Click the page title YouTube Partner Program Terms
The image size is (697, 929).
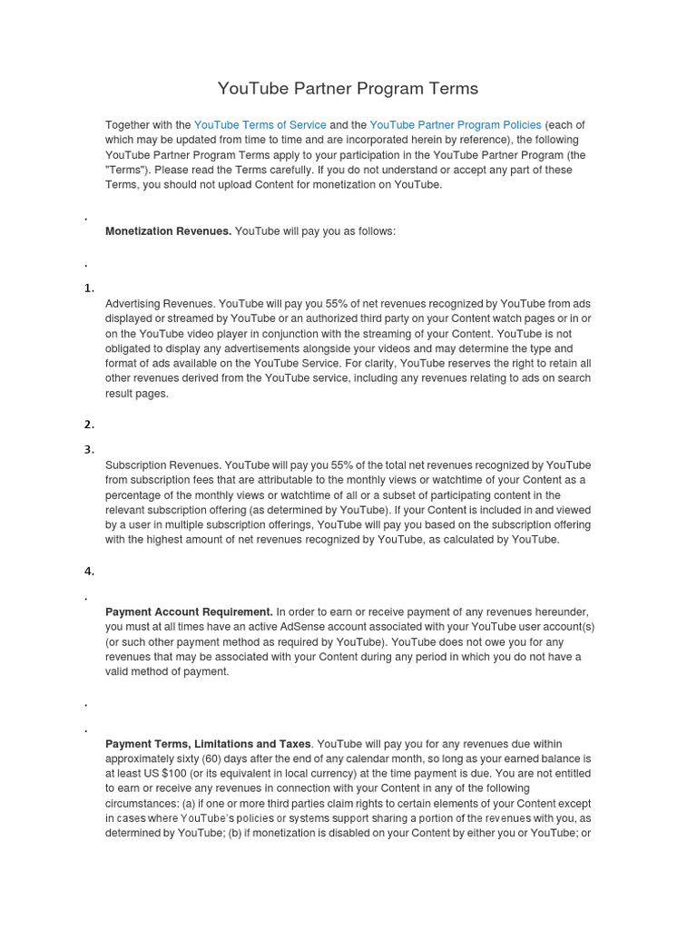coord(348,89)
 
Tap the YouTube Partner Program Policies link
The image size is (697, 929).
coord(455,125)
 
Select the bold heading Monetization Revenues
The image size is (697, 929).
coord(168,231)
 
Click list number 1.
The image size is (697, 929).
coord(89,288)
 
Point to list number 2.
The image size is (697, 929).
coord(89,425)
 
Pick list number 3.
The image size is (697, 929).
coord(89,450)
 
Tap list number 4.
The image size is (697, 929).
coord(89,572)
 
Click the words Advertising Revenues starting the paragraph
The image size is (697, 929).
coord(159,304)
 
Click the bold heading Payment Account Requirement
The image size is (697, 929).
coord(189,611)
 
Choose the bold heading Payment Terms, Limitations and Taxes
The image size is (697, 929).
coord(208,744)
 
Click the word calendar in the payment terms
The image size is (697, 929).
coord(364,758)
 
